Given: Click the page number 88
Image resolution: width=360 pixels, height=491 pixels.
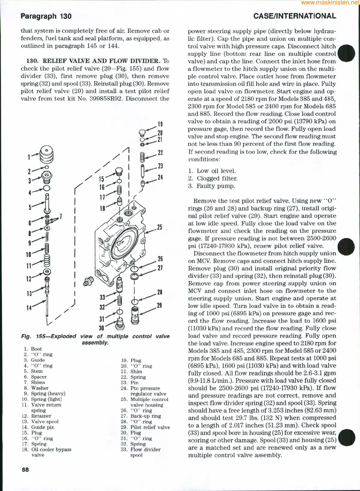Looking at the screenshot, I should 25,469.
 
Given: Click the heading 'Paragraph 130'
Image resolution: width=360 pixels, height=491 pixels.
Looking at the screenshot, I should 46,16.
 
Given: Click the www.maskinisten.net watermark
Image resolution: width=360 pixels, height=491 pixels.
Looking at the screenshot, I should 330,3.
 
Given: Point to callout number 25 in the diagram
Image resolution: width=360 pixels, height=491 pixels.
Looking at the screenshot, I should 160,227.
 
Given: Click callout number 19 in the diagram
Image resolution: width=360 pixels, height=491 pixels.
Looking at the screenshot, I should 160,124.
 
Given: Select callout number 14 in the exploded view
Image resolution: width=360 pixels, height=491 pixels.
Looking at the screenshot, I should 28,308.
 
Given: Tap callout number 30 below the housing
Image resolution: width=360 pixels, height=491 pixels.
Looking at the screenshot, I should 101,328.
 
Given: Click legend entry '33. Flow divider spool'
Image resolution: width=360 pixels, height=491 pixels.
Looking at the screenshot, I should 145,452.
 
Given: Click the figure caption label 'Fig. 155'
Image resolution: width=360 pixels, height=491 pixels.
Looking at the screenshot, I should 33,337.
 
